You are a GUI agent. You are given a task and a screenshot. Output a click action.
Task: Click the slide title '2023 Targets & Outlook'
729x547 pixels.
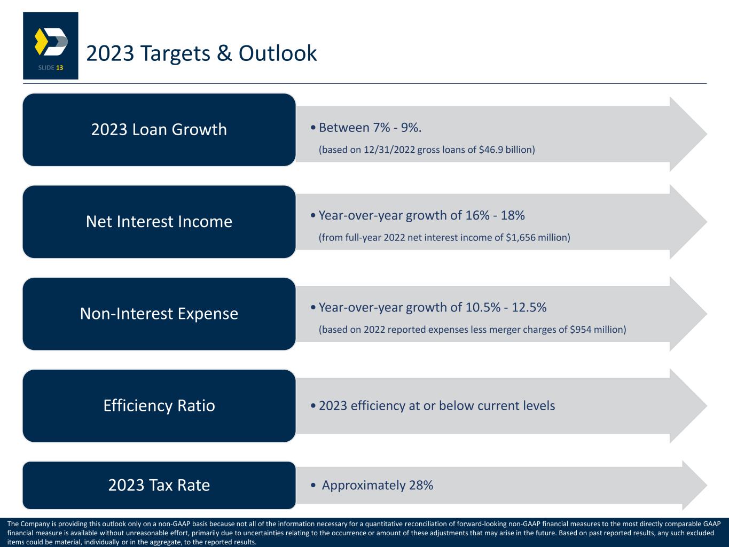pos(201,53)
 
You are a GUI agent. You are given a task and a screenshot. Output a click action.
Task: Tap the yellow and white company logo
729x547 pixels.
pos(51,42)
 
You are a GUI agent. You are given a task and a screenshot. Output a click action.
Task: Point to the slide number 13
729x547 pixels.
pos(59,68)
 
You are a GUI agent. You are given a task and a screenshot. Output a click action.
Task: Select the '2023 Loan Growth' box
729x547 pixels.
pos(159,129)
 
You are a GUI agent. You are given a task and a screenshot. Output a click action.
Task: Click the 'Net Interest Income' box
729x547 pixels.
pos(159,222)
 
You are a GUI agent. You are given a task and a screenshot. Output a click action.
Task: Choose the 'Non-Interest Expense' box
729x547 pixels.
pos(159,314)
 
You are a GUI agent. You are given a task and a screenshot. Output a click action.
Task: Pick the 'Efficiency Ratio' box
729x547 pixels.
pos(159,405)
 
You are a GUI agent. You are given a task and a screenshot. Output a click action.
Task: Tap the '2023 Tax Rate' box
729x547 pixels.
pos(159,485)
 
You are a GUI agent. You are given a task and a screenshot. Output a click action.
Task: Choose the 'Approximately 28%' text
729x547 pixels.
pos(378,485)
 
